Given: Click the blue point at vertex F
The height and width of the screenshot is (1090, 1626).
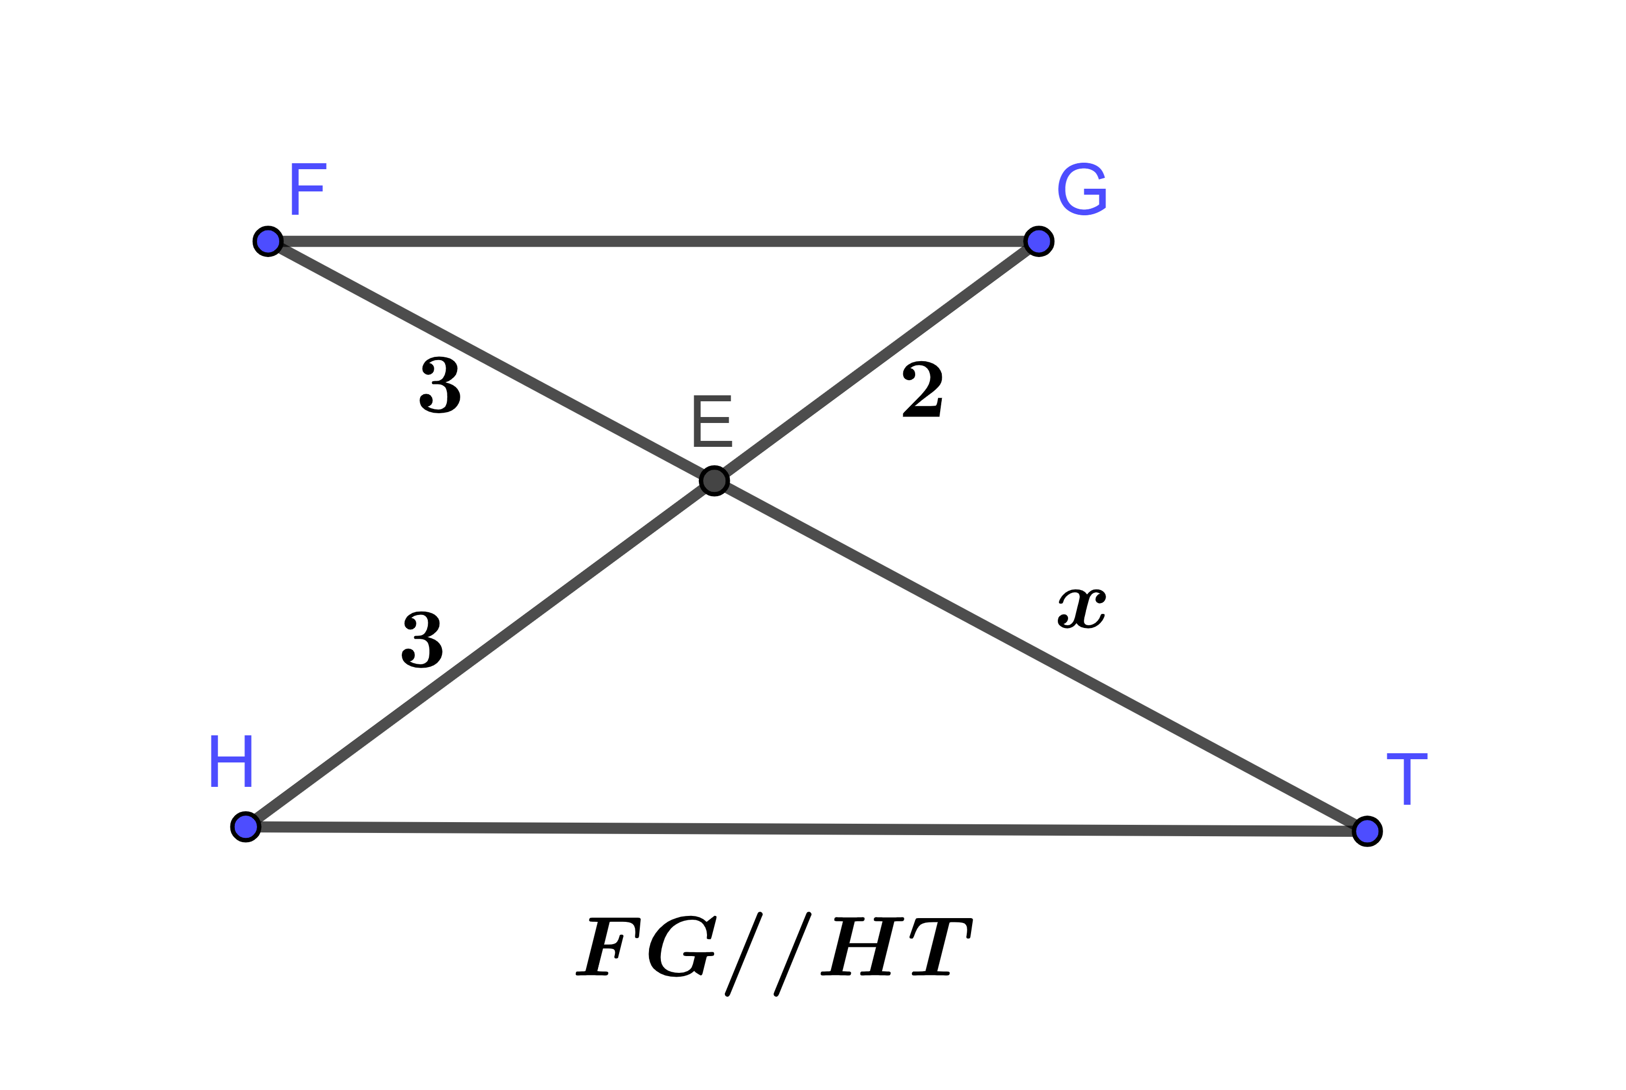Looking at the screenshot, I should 267,241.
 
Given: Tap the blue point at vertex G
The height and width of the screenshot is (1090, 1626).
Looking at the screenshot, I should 1039,241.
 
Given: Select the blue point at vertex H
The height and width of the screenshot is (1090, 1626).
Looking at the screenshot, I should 245,826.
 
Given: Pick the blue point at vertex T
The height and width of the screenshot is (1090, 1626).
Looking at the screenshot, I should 1367,831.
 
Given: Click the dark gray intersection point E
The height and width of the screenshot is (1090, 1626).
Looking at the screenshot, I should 715,480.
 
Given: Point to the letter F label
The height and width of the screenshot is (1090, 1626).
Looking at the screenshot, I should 307,189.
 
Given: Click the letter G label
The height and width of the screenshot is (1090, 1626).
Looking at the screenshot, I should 1082,189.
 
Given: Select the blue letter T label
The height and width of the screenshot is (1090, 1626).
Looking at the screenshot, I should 1407,779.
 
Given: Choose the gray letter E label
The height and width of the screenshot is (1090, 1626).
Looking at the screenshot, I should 713,421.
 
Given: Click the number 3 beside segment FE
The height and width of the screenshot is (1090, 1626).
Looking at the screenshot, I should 439,384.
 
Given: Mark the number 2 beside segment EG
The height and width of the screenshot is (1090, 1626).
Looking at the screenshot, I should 922,389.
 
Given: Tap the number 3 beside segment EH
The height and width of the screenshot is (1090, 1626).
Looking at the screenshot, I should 422,639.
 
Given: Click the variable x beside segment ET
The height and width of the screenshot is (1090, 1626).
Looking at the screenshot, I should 1082,609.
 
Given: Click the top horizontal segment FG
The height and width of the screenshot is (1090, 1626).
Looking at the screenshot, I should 653,241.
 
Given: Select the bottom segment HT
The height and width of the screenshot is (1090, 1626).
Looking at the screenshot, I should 806,829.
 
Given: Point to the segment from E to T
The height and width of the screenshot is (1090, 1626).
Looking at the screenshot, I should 1042,656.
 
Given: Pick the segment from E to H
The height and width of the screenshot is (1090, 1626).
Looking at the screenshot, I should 479,653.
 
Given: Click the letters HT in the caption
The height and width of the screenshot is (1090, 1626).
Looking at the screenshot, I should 896,947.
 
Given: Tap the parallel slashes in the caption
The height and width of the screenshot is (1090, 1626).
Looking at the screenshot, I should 768,954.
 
